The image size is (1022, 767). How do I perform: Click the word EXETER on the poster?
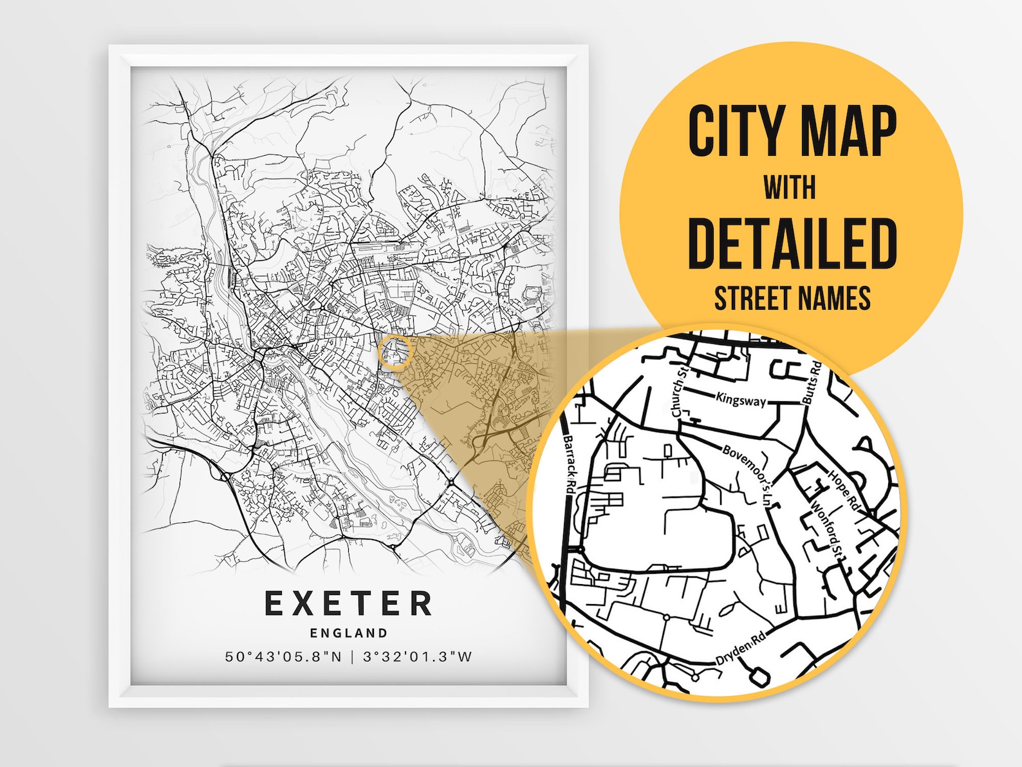pos(348,604)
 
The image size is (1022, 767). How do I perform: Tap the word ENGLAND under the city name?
pos(349,633)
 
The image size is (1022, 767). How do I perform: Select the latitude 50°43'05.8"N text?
pos(284,657)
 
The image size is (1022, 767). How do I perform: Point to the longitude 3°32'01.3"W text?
pos(418,657)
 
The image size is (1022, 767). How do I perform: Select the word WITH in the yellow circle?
pos(790,188)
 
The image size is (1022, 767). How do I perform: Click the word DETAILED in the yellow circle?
pos(792,243)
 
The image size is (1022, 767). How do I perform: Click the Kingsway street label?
pos(741,400)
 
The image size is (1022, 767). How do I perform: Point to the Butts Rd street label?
pos(811,383)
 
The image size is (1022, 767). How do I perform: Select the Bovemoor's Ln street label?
pos(747,474)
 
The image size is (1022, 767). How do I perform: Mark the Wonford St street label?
pos(828,529)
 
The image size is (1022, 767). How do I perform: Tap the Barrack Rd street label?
pos(569,463)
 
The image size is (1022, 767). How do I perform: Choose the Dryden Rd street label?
pos(741,647)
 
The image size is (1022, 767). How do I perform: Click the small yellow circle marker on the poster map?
pos(395,352)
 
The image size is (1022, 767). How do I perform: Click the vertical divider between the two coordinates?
pos(352,657)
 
